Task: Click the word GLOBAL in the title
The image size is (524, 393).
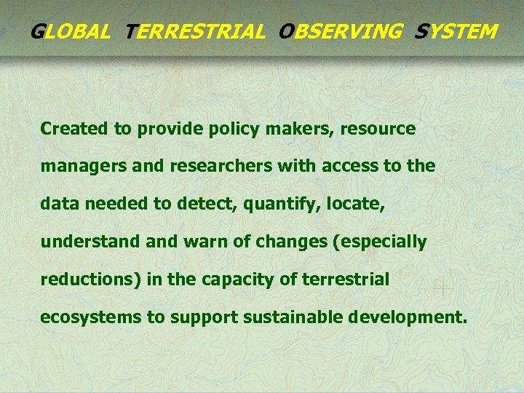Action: click(71, 32)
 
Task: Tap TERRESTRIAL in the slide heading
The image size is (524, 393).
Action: click(195, 32)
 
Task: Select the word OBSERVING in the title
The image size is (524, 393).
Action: click(340, 32)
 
